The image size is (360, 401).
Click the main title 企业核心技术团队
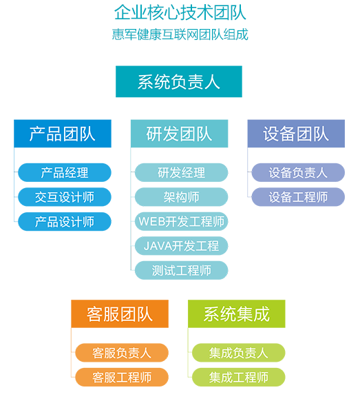(x=180, y=12)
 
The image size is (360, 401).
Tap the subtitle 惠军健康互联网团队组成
(x=180, y=34)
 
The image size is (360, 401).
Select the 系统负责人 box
(x=179, y=81)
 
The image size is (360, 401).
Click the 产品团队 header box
(x=63, y=134)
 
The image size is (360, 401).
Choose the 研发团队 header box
(x=180, y=134)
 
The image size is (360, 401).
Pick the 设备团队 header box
(x=296, y=134)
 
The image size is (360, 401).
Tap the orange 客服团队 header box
(x=120, y=313)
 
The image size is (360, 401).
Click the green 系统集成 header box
(x=237, y=313)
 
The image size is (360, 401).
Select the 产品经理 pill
(x=65, y=173)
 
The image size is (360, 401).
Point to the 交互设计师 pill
(x=65, y=197)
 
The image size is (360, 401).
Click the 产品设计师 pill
(x=65, y=221)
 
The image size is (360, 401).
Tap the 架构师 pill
(x=182, y=197)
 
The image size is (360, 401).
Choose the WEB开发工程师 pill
(x=182, y=221)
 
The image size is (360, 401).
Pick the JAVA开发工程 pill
(x=182, y=246)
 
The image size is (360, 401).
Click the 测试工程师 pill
(x=182, y=270)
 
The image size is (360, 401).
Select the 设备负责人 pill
(x=298, y=173)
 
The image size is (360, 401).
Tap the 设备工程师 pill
(x=298, y=197)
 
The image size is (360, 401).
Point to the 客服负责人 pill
(x=122, y=353)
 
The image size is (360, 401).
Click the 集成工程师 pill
(x=239, y=377)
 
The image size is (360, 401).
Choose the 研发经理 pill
(x=182, y=173)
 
